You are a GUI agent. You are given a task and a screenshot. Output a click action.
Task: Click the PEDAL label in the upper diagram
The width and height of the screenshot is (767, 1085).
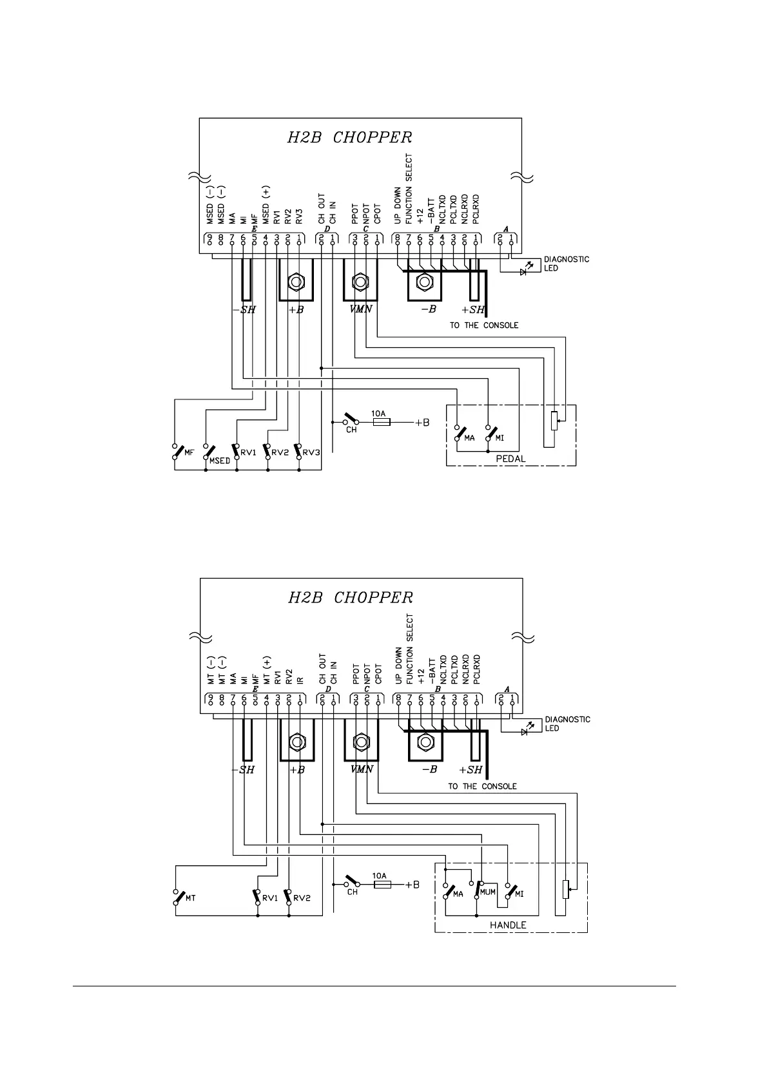[x=510, y=459]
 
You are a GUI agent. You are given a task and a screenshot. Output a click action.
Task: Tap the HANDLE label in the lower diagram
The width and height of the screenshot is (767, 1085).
[x=508, y=925]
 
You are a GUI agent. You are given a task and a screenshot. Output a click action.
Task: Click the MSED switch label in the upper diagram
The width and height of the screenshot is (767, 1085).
[x=219, y=461]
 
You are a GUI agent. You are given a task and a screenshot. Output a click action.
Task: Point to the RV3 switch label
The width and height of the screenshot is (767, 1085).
[x=311, y=452]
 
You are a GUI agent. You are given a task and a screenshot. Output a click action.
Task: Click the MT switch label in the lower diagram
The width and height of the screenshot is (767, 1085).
[x=190, y=898]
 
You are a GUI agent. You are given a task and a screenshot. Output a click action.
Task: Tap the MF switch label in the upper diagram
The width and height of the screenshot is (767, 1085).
[x=189, y=452]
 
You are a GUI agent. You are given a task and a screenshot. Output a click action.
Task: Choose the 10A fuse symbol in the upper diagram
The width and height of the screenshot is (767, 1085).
[x=381, y=423]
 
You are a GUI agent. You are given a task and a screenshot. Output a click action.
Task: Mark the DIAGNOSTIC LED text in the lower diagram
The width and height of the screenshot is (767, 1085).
[x=567, y=724]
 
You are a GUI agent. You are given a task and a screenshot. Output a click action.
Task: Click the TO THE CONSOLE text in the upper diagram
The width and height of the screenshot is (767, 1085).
[x=483, y=325]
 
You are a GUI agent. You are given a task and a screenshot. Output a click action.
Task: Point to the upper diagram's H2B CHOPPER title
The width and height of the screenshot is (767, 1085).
[x=349, y=137]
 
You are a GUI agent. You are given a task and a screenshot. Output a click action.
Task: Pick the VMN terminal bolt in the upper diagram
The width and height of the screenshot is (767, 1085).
[x=360, y=282]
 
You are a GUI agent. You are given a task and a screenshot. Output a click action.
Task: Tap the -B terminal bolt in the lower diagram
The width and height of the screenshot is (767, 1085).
[x=425, y=742]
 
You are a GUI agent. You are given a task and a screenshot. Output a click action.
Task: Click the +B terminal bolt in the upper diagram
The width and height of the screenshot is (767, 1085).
[x=296, y=282]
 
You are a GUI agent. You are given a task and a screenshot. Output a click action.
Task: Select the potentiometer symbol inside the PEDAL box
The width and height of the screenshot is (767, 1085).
[x=554, y=421]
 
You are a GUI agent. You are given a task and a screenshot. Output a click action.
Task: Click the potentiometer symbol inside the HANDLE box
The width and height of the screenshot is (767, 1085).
[x=566, y=890]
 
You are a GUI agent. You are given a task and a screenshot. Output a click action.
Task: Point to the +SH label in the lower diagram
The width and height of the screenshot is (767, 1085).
[x=471, y=770]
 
